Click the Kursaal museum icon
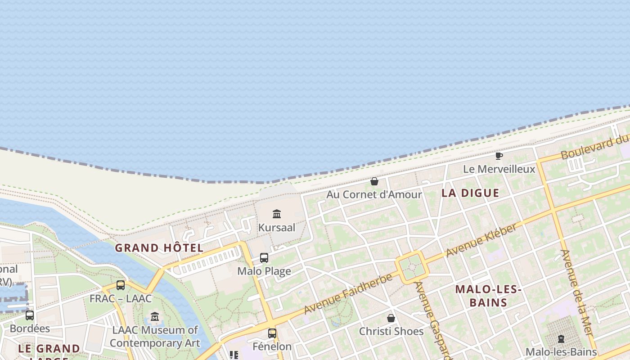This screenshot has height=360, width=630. [x=277, y=214]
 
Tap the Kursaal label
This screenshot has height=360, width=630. [x=277, y=228]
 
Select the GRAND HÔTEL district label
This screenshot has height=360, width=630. [x=159, y=248]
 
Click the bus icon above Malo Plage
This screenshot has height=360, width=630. [x=264, y=258]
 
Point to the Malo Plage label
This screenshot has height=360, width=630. [x=264, y=271]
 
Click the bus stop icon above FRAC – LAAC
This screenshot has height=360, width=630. [x=121, y=285]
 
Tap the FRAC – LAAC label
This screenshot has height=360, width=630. [x=121, y=298]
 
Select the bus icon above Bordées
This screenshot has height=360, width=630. [x=30, y=315]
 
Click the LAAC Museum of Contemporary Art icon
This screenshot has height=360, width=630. [x=155, y=317]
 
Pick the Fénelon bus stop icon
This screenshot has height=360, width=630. [x=272, y=333]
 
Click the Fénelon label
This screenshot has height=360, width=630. [x=272, y=346]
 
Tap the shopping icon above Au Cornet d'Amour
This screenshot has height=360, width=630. [x=374, y=181]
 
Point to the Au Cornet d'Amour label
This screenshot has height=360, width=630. [x=374, y=195]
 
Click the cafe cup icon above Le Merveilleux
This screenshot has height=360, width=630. [x=499, y=156]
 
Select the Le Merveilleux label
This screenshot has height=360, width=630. [x=499, y=169]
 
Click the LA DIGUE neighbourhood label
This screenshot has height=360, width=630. [x=470, y=193]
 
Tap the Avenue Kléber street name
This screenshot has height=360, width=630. [x=481, y=240]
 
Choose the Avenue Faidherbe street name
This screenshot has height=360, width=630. [x=348, y=293]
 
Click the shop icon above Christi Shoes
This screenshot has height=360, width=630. [x=391, y=318]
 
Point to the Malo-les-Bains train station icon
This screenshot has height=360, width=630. [x=561, y=338]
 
